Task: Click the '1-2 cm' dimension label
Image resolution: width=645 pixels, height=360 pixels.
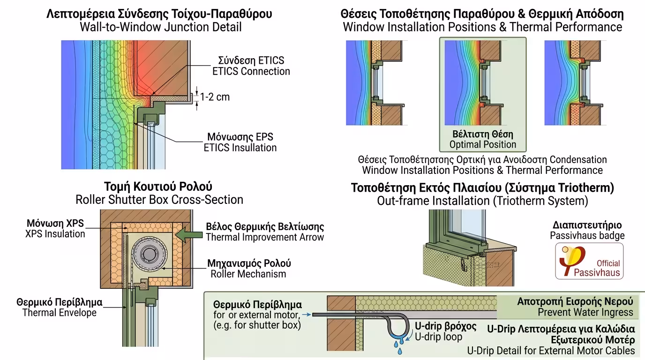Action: coord(215,97)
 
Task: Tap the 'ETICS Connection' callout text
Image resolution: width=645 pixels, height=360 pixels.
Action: coord(251,71)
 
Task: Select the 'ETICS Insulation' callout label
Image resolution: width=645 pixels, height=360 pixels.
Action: coord(240,148)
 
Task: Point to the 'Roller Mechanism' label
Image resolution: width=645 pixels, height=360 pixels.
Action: coord(248,274)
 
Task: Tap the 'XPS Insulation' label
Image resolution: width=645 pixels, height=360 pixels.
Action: coord(55,233)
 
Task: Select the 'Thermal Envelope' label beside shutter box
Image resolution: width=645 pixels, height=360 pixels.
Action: coord(59,312)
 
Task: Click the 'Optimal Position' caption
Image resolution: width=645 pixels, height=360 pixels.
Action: coord(483,144)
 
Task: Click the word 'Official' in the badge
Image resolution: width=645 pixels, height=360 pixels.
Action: coord(608,263)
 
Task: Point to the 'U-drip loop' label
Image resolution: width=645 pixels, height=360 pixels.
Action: coord(438,337)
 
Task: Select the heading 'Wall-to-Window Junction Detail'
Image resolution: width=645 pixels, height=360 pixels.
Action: coord(161,27)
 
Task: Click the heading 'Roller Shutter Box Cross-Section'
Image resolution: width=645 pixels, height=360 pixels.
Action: coord(159,199)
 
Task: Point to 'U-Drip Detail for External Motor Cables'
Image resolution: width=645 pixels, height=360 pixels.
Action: coord(551,350)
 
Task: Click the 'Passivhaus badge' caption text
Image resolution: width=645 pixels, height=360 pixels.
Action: coord(587,235)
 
